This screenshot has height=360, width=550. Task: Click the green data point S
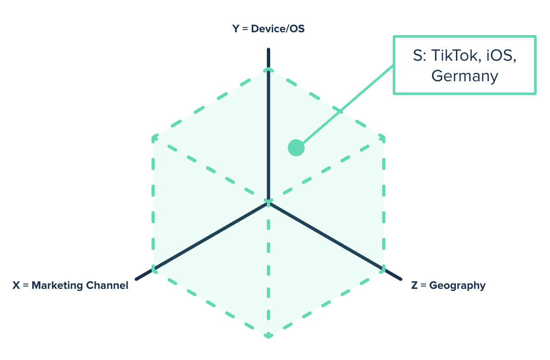coord(296,148)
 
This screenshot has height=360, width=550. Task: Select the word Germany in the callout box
coord(465,76)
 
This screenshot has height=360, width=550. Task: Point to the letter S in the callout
coord(417,56)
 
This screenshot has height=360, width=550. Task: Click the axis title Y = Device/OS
coord(269,29)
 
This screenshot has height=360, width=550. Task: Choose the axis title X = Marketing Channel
coord(70,285)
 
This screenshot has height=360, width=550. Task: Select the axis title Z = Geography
coord(448,285)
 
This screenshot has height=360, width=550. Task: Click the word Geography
coord(458,285)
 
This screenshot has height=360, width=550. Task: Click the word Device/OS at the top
coord(278,29)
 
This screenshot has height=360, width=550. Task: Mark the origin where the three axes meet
coord(269,203)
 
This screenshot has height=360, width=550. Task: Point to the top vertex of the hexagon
coord(269,69)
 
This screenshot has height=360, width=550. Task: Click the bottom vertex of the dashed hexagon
coord(269,335)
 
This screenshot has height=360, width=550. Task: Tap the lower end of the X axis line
coord(137,279)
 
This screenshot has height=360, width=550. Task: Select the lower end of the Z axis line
coord(400,279)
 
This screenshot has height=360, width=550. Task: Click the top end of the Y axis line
coord(269,50)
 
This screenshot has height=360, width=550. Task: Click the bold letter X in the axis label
coord(16,285)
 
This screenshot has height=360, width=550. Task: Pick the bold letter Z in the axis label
coord(414,285)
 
